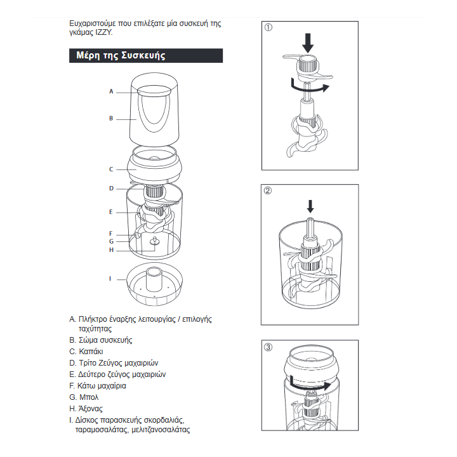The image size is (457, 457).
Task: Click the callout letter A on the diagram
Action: [x=111, y=91]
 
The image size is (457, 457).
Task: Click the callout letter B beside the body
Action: [x=111, y=119]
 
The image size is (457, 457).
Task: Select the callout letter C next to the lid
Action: [x=111, y=169]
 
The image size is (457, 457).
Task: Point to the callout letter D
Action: [x=111, y=189]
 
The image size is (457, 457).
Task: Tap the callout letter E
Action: [x=110, y=212]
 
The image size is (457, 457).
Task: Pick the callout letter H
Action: [x=111, y=250]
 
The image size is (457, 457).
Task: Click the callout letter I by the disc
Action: [x=110, y=279]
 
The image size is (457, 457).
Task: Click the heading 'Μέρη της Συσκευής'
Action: [x=121, y=55]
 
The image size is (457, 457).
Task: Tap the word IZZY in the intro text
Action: [x=103, y=32]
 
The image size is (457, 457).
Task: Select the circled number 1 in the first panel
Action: [x=268, y=27]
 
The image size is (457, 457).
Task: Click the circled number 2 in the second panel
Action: [x=268, y=190]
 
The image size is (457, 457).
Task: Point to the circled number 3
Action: [x=268, y=347]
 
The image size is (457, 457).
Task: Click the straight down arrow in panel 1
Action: [x=308, y=43]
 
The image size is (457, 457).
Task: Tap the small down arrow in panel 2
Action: [x=310, y=206]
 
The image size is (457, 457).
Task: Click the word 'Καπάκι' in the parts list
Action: [x=91, y=352]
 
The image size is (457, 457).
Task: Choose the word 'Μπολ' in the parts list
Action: [x=89, y=397]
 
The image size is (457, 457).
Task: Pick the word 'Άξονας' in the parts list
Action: [x=90, y=409]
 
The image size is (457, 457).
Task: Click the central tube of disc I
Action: [x=154, y=279]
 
